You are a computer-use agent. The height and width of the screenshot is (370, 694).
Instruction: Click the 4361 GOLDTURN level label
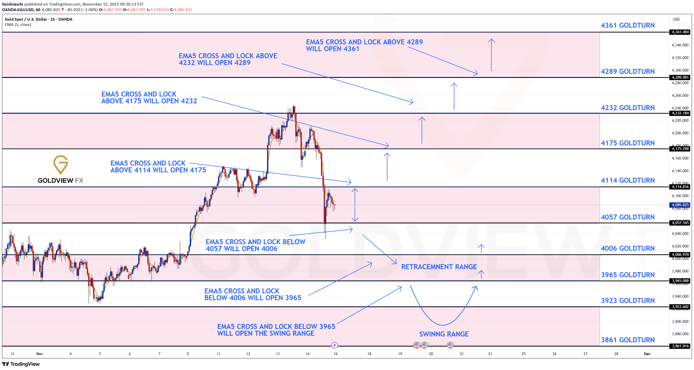point(628,25)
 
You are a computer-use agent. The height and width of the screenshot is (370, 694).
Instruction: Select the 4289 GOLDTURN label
point(628,72)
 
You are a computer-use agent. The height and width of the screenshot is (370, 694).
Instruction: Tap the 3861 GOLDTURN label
point(628,340)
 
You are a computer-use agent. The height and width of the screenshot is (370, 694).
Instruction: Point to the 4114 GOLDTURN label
point(628,180)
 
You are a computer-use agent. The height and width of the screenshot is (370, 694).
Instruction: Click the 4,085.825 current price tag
point(680,205)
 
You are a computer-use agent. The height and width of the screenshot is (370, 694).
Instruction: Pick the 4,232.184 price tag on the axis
point(680,113)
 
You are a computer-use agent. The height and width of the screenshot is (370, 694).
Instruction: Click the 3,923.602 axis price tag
point(680,307)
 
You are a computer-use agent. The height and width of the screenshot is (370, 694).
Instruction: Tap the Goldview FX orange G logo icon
point(60,164)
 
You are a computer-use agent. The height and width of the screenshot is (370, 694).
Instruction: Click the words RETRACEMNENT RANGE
point(439,267)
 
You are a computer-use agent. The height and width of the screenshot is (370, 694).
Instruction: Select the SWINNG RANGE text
point(444,334)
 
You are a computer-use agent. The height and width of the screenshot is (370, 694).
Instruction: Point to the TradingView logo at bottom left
point(21,364)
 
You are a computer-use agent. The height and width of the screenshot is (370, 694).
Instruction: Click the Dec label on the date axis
point(647,354)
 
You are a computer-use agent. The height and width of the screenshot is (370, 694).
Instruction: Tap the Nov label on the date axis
point(40,354)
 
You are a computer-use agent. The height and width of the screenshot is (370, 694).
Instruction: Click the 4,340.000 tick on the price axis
point(680,45)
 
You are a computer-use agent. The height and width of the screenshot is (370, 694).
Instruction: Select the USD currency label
point(676,19)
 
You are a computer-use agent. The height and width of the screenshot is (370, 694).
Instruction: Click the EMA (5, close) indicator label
point(18,24)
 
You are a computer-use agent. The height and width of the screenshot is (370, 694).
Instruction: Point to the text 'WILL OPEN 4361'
point(333,49)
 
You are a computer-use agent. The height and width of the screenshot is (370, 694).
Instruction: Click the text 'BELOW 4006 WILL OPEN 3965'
point(252,298)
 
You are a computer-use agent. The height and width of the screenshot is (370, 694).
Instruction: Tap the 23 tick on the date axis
point(490,354)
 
